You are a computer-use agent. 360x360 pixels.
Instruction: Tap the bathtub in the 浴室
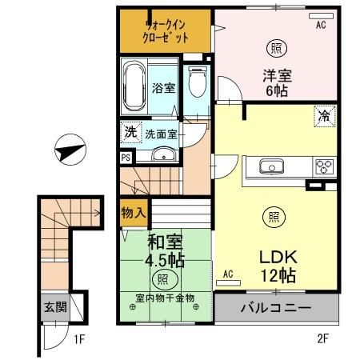point(133,86)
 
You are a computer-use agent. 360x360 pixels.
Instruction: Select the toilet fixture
point(197,82)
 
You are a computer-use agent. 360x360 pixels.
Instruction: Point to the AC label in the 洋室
point(321,25)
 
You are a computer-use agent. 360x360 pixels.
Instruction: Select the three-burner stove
point(323,167)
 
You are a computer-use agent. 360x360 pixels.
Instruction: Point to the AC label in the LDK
point(227,274)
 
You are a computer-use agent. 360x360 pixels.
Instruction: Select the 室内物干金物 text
point(164,298)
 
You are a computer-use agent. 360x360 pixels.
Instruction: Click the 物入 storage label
point(132,213)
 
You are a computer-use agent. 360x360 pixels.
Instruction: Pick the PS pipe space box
point(125,158)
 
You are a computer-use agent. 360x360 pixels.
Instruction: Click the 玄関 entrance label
point(54,307)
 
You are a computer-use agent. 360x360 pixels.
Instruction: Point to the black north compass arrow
point(67,151)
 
